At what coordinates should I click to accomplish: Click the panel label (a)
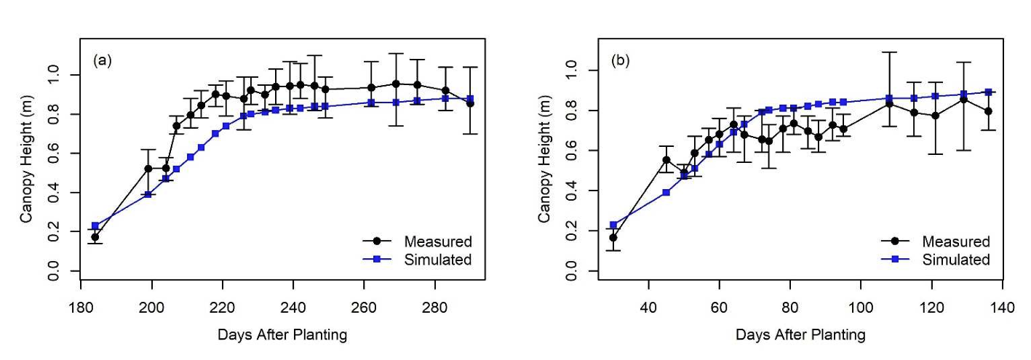[x=102, y=60]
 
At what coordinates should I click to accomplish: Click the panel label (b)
[x=621, y=60]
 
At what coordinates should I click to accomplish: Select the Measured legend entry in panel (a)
[x=437, y=241]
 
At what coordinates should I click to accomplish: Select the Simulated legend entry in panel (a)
[x=437, y=260]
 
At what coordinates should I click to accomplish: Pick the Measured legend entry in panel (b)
[x=955, y=241]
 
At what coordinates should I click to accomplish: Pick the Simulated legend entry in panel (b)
[x=955, y=260]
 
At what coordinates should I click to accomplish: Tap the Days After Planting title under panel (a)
[x=282, y=335]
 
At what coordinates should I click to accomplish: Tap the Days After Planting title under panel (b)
[x=800, y=335]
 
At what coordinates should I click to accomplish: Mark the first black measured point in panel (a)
[x=95, y=237]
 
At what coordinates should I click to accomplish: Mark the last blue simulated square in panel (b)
[x=988, y=92]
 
